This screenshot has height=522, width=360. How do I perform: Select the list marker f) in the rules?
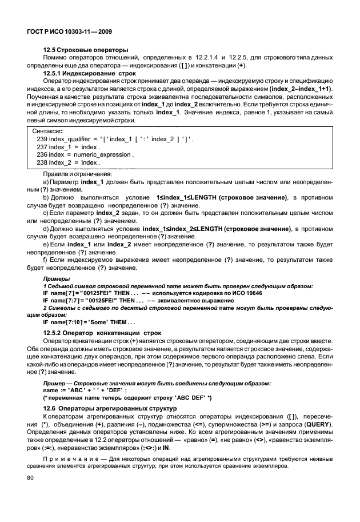click(x=46, y=260)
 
